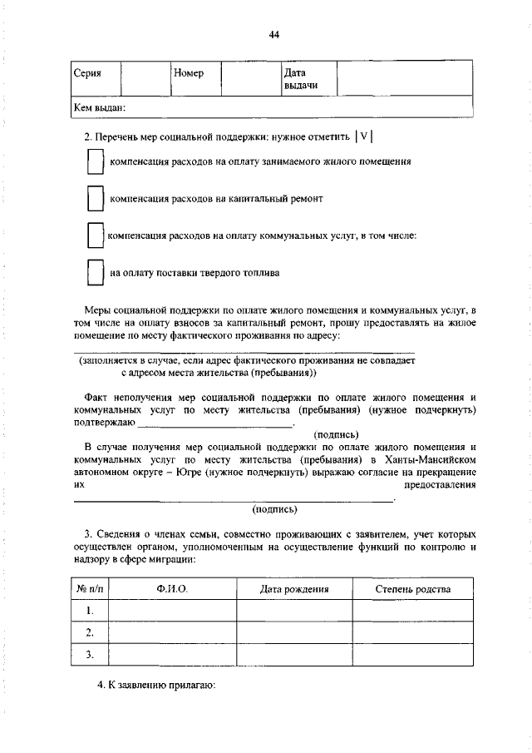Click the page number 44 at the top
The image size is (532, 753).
(x=274, y=34)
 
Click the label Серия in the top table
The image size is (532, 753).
(x=87, y=73)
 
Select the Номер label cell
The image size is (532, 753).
(x=189, y=73)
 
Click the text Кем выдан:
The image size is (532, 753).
(x=100, y=107)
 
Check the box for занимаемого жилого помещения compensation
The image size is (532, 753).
(x=95, y=162)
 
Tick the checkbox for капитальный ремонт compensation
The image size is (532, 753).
(x=95, y=200)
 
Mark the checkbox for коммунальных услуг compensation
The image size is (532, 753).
(x=95, y=236)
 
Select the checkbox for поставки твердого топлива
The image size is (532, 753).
(x=95, y=273)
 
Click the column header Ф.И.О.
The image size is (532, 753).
(x=172, y=589)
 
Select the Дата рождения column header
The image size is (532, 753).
(x=294, y=589)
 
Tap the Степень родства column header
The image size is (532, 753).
(x=413, y=589)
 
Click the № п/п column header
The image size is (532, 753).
(x=88, y=589)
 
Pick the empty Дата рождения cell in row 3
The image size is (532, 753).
(x=294, y=655)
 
